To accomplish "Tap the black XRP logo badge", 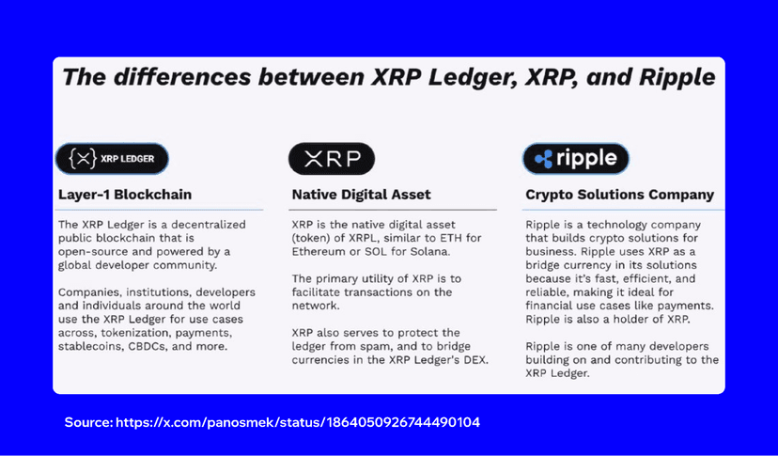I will pyautogui.click(x=331, y=159).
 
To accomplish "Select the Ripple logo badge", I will pyautogui.click(x=575, y=159).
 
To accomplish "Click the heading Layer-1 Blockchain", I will pyautogui.click(x=125, y=195).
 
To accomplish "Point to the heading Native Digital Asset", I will pyautogui.click(x=361, y=195).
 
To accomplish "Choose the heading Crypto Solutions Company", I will pyautogui.click(x=619, y=195).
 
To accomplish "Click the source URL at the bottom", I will pyautogui.click(x=298, y=422).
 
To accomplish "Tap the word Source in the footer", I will pyautogui.click(x=87, y=422).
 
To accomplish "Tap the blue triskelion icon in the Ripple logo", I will pyautogui.click(x=544, y=160).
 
